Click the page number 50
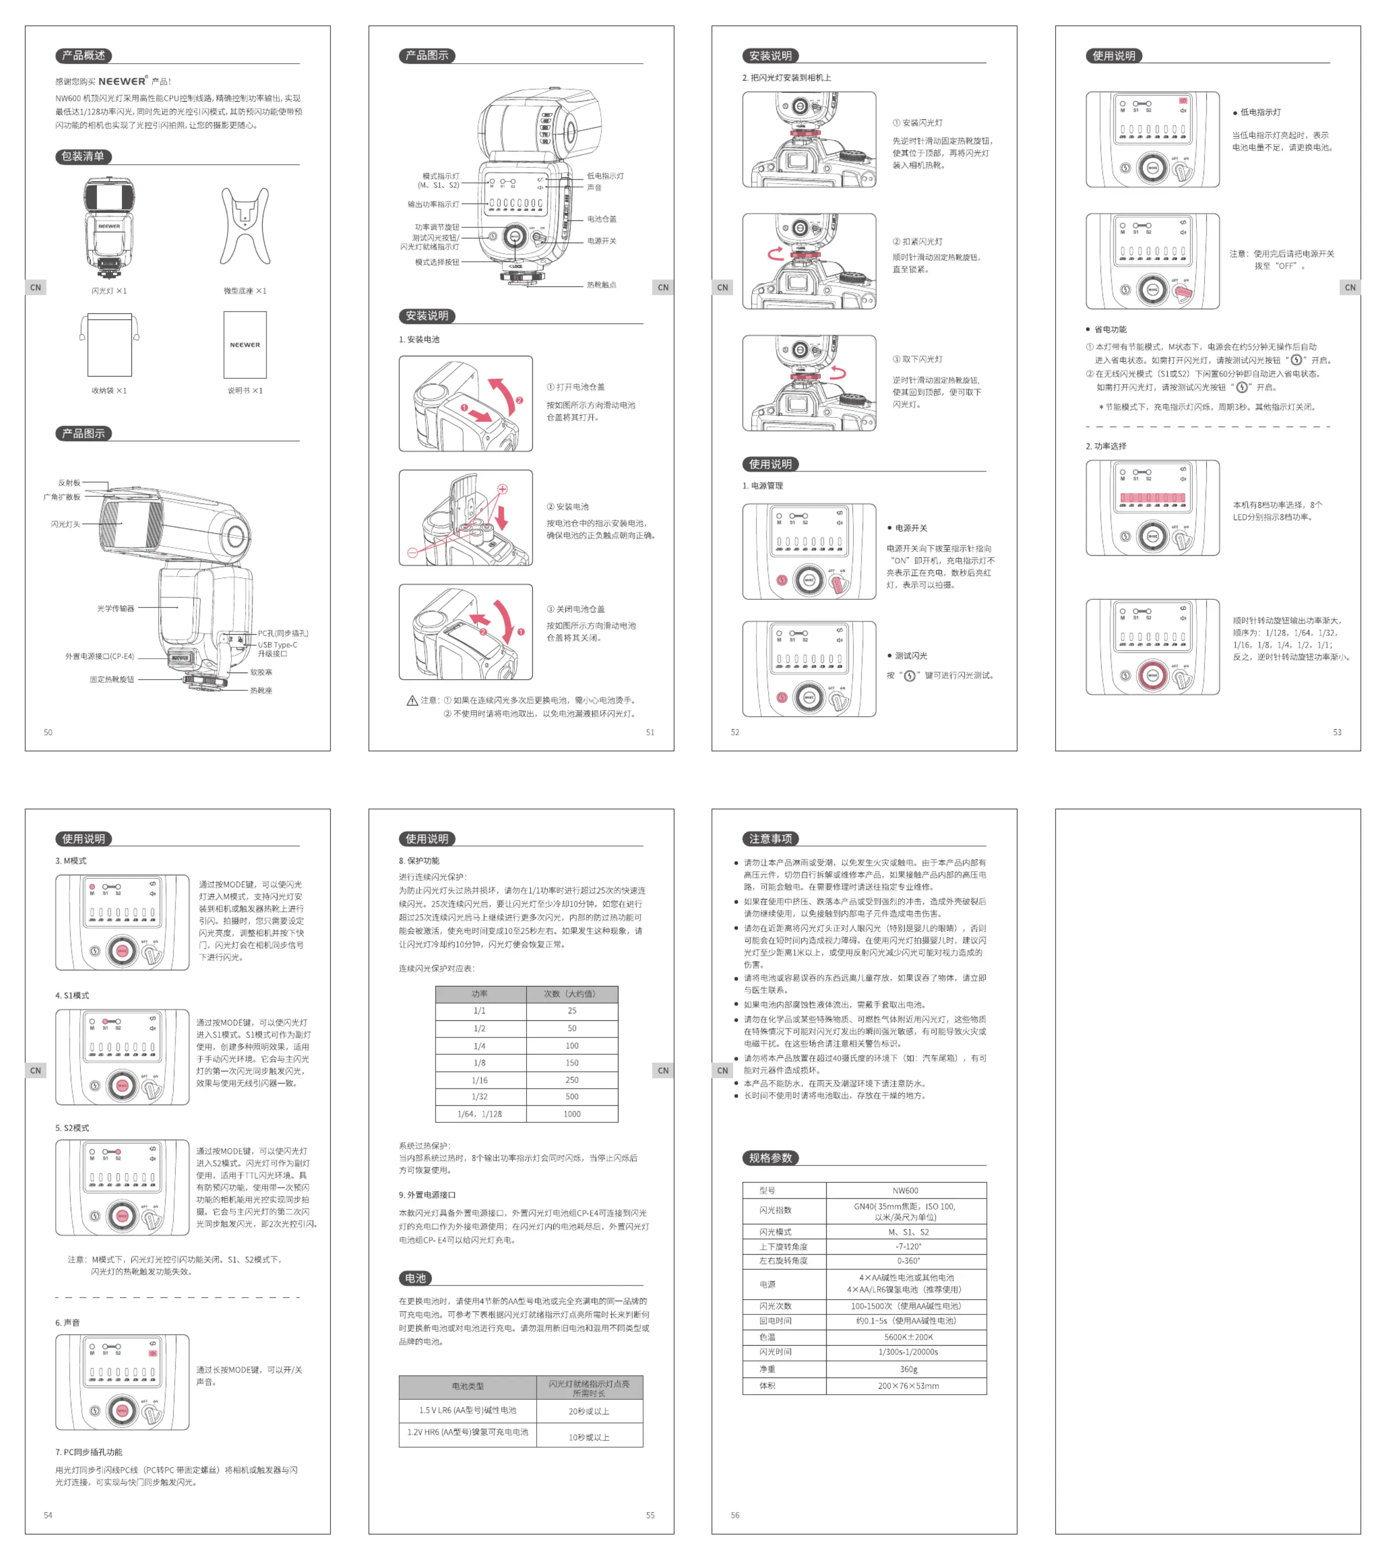(48, 732)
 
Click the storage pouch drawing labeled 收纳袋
(109, 345)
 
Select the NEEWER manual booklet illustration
(245, 345)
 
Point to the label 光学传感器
(115, 608)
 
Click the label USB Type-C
(277, 644)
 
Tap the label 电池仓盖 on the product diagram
(602, 219)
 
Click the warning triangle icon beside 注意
(412, 700)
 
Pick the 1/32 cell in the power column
(480, 1097)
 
